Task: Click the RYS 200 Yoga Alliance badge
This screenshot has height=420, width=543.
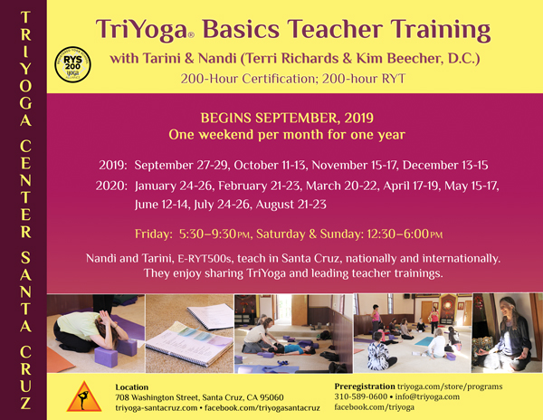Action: [x=72, y=65]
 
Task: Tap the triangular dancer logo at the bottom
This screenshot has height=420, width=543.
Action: [x=84, y=397]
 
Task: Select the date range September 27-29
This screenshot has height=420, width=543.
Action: [x=181, y=165]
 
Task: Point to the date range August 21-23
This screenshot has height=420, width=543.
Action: [x=291, y=205]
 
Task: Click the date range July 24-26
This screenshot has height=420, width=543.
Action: [x=222, y=205]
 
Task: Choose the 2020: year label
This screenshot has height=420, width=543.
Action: [x=111, y=186]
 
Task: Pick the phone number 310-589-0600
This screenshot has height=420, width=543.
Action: [x=360, y=396]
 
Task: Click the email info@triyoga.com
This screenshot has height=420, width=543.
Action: [x=427, y=396]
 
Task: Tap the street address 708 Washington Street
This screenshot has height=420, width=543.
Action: [x=157, y=397]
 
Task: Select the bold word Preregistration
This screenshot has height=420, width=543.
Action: [x=365, y=387]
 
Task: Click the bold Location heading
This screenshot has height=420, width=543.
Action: [x=131, y=387]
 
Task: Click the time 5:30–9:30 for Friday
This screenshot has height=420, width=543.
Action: [x=207, y=234]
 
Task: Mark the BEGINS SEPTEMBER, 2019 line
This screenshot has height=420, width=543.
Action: [x=287, y=118]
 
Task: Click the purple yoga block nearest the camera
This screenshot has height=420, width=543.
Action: [x=106, y=357]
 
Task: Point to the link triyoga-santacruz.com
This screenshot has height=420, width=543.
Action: [x=157, y=408]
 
